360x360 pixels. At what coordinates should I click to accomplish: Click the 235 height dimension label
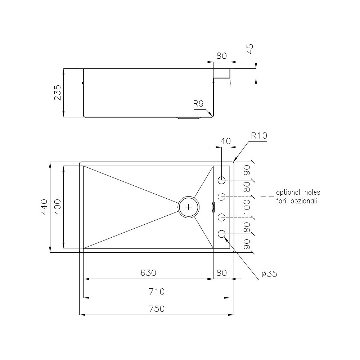58,93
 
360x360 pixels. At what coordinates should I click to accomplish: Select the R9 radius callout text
198,104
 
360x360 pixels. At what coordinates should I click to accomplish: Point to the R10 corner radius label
259,136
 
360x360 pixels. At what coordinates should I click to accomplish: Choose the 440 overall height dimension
44,207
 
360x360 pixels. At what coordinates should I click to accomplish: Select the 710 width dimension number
156,291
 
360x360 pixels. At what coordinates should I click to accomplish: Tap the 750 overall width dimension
156,309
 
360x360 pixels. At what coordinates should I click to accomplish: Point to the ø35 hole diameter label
269,274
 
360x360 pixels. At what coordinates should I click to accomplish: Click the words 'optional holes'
298,193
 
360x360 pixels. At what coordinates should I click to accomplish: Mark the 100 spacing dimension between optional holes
247,207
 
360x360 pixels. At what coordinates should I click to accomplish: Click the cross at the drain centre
189,207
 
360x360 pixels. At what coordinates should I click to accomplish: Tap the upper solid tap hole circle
222,180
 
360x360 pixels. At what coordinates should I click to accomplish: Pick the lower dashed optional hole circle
222,217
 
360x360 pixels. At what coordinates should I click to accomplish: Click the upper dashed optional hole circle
222,197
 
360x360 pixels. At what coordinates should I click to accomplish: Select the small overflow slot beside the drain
213,207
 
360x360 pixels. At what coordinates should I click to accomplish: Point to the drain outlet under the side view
189,118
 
